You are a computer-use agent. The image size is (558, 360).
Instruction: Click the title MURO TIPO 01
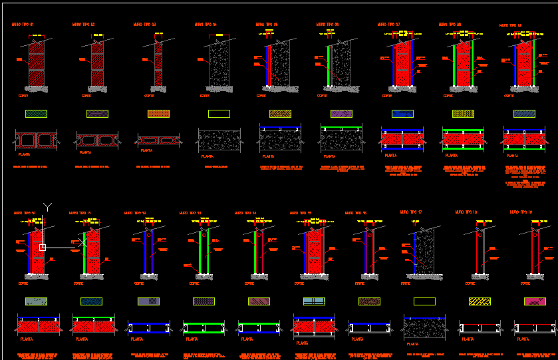click(x=23, y=25)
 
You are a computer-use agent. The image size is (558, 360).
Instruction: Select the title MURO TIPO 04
click(x=206, y=25)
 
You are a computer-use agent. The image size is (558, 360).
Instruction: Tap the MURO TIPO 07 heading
click(x=388, y=25)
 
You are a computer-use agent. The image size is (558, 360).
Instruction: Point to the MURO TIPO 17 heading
click(x=411, y=212)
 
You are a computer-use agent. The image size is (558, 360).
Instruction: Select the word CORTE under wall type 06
click(x=322, y=95)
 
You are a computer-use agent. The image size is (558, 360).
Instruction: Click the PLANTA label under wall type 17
click(x=413, y=344)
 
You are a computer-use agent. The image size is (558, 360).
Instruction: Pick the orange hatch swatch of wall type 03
click(x=158, y=114)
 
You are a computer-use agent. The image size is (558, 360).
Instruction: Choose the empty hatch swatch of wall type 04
click(x=219, y=114)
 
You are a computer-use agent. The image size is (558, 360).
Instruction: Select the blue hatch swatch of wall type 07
click(x=402, y=114)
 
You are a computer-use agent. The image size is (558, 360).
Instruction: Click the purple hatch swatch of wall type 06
click(x=341, y=114)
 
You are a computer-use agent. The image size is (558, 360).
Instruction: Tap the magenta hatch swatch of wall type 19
click(x=535, y=301)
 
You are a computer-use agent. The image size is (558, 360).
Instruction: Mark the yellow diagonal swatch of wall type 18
click(x=480, y=301)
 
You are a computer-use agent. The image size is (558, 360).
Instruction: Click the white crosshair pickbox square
click(x=42, y=248)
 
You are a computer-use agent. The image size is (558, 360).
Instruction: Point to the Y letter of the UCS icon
click(x=47, y=206)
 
